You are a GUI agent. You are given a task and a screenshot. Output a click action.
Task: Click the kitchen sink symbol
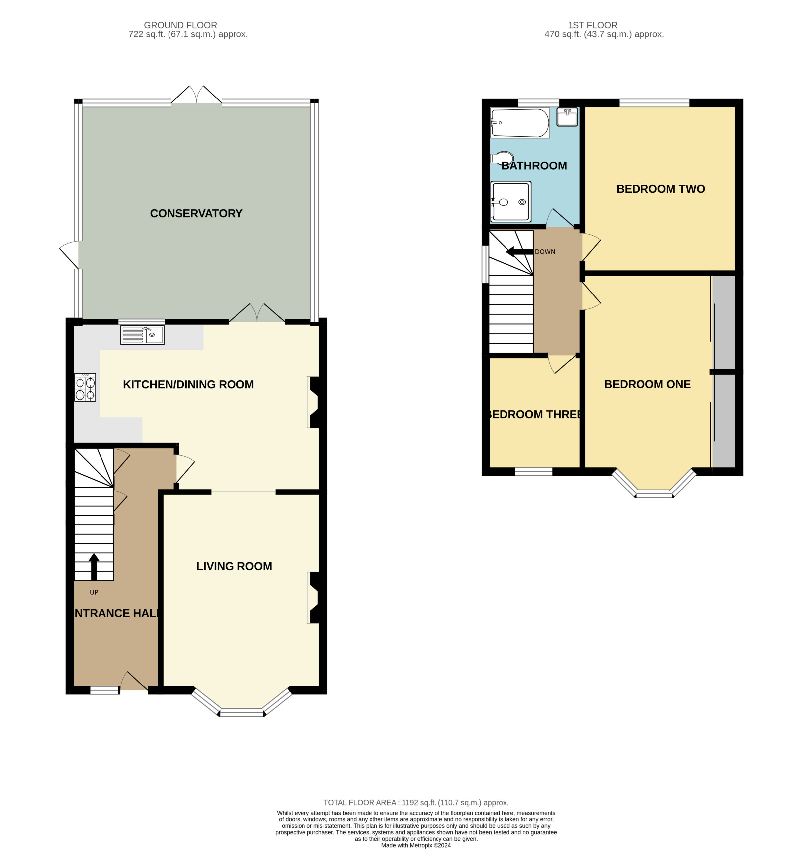(142, 335)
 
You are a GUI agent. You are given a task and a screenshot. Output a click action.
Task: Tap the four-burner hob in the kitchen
(85, 388)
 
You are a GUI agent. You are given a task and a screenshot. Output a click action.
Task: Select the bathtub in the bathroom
(520, 123)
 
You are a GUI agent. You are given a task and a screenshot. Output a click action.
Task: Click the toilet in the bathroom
(503, 159)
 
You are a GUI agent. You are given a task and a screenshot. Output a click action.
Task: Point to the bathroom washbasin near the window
(567, 117)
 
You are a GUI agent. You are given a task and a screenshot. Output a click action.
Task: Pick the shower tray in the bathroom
(510, 202)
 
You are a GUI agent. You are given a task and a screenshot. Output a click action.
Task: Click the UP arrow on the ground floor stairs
(94, 566)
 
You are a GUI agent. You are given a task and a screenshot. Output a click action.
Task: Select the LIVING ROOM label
(234, 566)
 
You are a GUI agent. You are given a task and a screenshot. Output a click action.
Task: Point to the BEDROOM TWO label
(661, 189)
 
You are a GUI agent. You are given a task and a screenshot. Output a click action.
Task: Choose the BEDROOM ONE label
(647, 384)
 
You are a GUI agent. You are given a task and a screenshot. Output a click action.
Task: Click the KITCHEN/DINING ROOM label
(188, 384)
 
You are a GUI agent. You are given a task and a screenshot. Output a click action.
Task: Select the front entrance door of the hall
(134, 681)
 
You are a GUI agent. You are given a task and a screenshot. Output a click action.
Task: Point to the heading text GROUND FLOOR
(180, 25)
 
